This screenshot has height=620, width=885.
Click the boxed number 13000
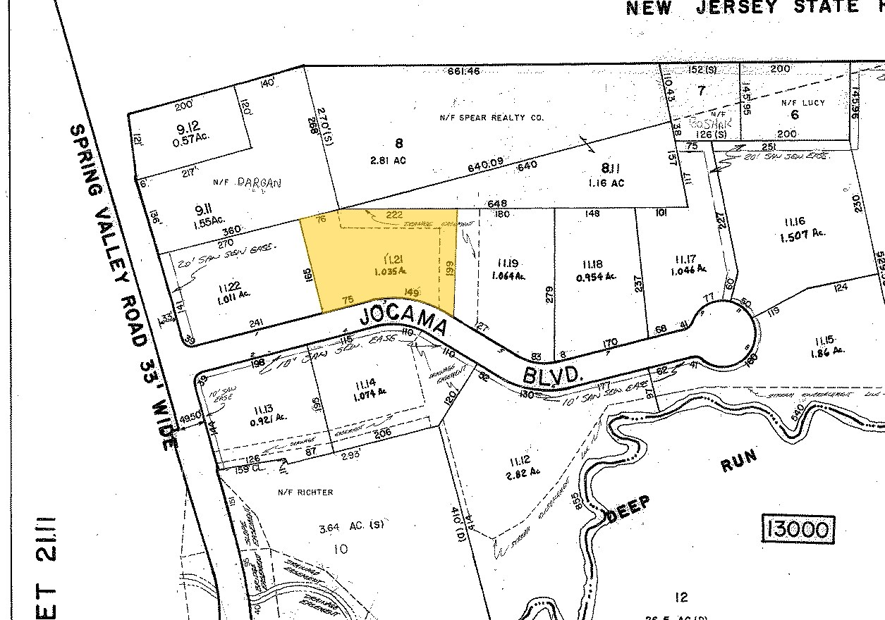(x=798, y=528)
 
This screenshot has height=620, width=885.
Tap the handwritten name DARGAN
(x=258, y=182)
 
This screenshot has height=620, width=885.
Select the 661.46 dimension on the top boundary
(x=464, y=70)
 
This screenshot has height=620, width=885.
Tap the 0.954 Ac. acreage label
(x=595, y=276)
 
